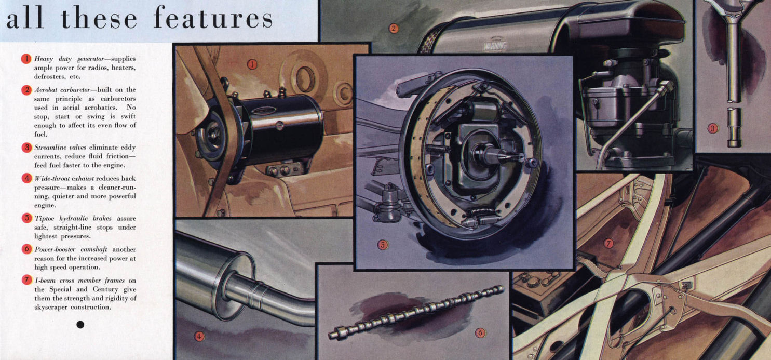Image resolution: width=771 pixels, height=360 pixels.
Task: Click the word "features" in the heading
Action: [213, 18]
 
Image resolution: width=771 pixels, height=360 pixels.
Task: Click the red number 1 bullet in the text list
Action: [26, 59]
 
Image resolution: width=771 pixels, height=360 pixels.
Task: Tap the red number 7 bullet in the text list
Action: [26, 279]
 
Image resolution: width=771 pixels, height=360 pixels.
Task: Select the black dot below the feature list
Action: [80, 325]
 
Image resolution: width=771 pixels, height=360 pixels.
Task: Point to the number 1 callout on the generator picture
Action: [252, 64]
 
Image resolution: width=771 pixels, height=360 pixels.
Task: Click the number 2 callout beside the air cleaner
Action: [394, 28]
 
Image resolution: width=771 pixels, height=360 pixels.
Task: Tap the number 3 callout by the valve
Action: [712, 128]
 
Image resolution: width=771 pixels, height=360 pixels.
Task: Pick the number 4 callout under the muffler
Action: [199, 336]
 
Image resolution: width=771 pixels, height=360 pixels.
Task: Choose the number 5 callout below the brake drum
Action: [383, 245]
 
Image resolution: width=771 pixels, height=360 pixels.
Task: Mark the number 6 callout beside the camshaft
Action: [480, 333]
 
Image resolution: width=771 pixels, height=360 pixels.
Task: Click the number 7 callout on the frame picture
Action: [608, 244]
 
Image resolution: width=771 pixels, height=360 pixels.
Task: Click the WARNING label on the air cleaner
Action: [495, 46]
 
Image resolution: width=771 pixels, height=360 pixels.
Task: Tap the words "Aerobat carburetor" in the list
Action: [62, 90]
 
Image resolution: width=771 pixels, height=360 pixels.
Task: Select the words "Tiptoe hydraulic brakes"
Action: [73, 219]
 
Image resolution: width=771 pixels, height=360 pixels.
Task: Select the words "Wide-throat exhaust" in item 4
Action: [64, 179]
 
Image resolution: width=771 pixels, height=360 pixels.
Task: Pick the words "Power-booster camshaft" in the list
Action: [71, 249]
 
